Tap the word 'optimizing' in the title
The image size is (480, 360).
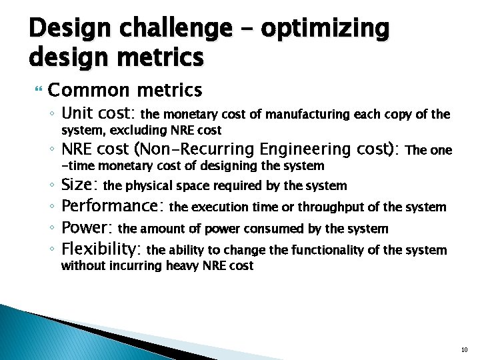325,29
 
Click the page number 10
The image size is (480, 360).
465,349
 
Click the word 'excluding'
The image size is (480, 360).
140,130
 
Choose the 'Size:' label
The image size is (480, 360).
80,185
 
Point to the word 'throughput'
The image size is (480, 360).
332,207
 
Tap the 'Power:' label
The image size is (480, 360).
87,228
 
